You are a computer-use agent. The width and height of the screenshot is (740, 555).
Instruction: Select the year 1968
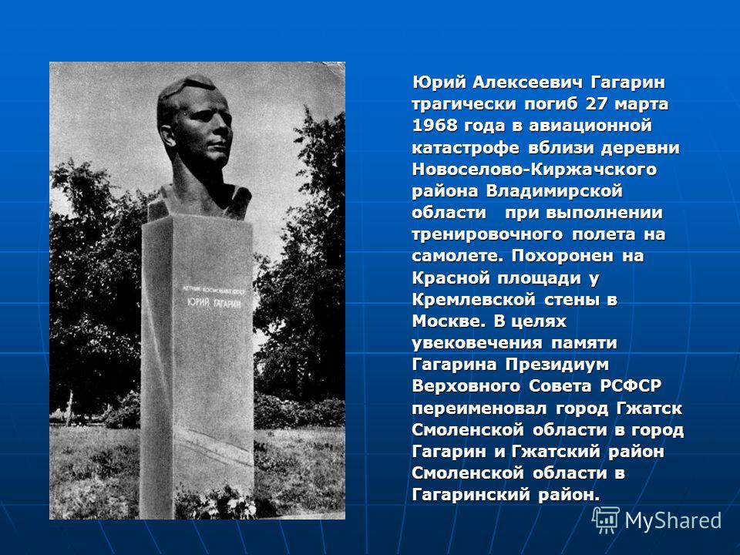[x=435, y=126]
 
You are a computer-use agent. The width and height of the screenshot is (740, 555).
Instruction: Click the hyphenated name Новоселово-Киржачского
[x=534, y=169]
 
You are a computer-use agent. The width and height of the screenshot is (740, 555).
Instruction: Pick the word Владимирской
[x=554, y=191]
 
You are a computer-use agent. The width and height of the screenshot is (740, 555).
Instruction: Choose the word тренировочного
[x=487, y=234]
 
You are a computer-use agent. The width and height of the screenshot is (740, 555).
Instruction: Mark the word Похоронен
[x=563, y=256]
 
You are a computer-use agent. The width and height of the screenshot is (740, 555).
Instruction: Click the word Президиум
[x=557, y=365]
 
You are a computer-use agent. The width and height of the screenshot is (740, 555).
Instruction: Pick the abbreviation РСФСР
[x=631, y=386]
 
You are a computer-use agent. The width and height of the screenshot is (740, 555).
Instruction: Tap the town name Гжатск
[x=649, y=409]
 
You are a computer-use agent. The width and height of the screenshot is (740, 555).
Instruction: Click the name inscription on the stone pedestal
[x=214, y=303]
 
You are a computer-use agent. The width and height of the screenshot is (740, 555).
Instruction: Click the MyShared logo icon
[x=606, y=520]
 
